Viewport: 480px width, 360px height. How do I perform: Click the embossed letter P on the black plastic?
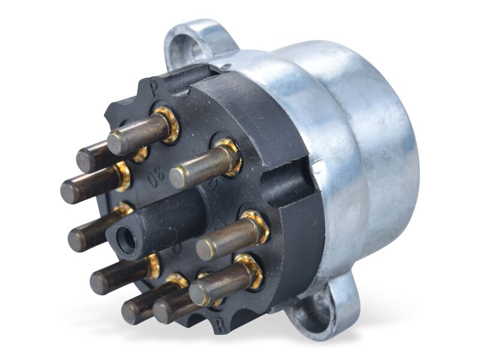point(154,91)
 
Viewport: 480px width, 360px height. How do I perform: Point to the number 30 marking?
point(155,175)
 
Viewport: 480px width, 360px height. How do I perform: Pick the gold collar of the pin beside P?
point(169,123)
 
